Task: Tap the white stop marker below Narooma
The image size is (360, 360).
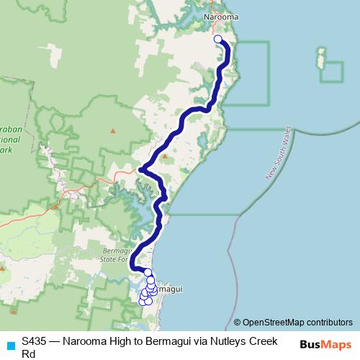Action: click(218, 40)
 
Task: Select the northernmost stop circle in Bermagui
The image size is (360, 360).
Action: click(148, 272)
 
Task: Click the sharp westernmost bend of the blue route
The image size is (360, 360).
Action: click(141, 170)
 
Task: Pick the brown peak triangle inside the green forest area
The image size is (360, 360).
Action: click(112, 130)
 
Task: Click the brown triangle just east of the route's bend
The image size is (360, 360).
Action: click(164, 156)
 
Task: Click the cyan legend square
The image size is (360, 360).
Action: click(9, 345)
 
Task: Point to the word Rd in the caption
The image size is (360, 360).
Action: click(28, 354)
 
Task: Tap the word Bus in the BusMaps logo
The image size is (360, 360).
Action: click(309, 345)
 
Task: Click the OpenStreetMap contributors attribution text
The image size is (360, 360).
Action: click(297, 323)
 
